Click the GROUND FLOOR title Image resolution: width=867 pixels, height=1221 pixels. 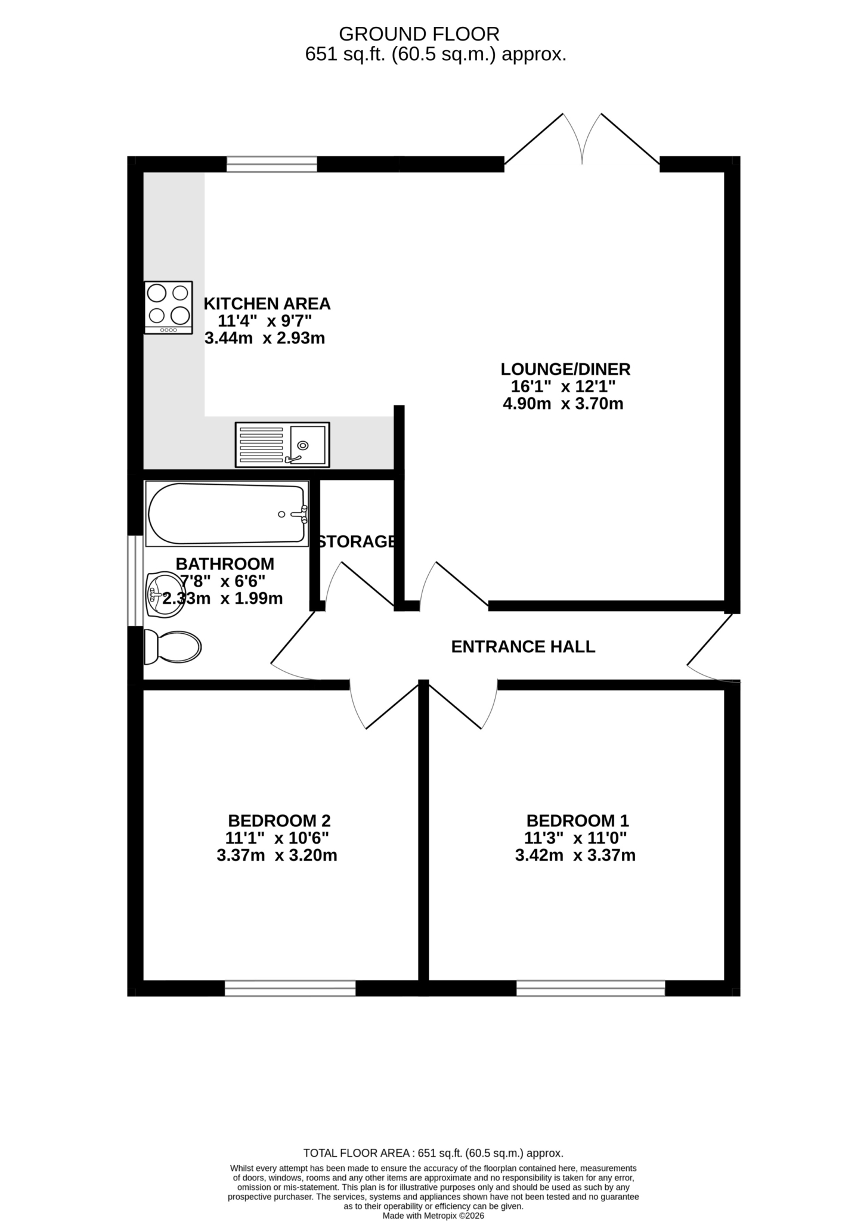(419, 33)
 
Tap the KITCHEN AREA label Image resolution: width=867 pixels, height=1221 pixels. (267, 303)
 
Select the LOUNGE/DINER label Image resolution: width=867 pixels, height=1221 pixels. (565, 369)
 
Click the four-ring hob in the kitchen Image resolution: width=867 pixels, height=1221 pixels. (169, 308)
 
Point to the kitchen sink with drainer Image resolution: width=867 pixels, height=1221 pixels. (282, 445)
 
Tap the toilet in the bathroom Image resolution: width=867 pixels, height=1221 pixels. (172, 646)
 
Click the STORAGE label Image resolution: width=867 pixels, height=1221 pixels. (357, 542)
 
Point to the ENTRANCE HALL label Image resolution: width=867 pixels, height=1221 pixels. (523, 647)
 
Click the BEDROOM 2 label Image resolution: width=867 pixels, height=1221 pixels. (279, 821)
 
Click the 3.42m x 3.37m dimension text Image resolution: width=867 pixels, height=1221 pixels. (575, 856)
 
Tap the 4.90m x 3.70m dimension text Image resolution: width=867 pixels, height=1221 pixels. (563, 404)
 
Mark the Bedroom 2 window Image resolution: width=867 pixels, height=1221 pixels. (290, 988)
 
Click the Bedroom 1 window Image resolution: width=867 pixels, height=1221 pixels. (590, 988)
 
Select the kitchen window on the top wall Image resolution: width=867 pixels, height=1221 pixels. (272, 164)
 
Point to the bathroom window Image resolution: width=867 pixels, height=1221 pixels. (135, 581)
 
